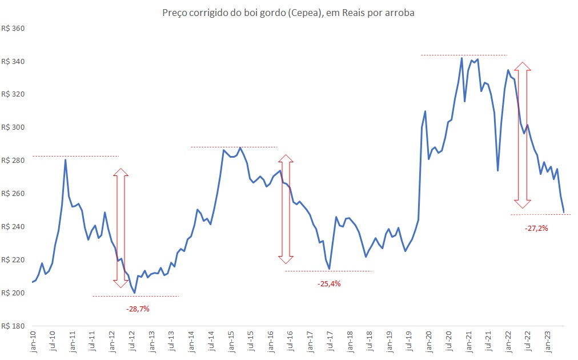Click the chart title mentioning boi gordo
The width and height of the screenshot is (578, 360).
(288, 13)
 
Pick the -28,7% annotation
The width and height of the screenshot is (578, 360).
(137, 309)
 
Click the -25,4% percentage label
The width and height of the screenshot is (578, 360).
(328, 283)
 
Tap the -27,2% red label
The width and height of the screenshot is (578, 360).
(536, 228)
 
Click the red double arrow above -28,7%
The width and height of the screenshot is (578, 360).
(121, 227)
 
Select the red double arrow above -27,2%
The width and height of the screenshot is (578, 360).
(522, 135)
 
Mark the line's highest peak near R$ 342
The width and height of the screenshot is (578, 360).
(461, 58)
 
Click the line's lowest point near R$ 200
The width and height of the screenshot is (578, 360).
(134, 293)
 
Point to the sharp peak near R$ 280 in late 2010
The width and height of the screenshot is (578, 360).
(65, 159)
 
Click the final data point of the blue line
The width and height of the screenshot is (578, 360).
(564, 213)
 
